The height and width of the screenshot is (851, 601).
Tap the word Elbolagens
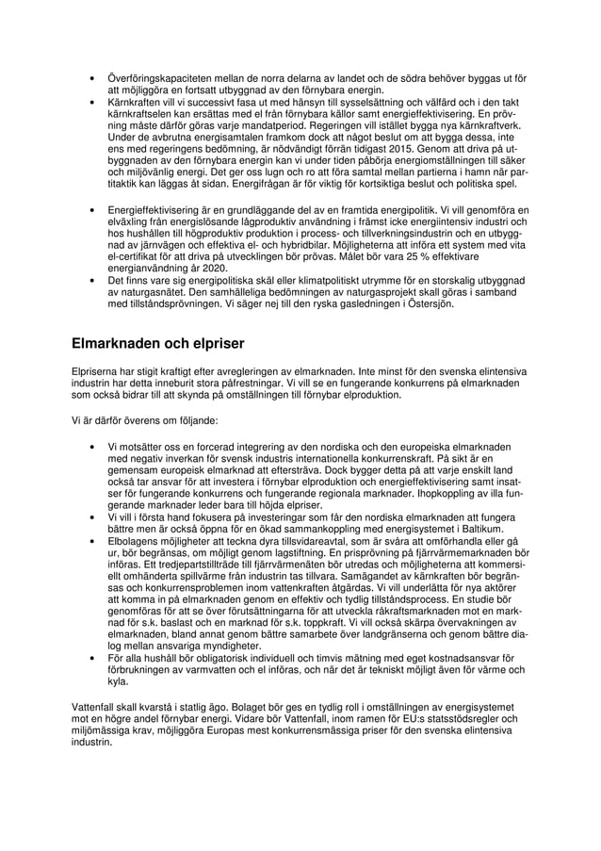pos(138,542)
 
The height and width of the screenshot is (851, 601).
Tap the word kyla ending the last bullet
pos(118,681)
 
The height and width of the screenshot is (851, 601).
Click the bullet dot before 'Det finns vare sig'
pos(91,281)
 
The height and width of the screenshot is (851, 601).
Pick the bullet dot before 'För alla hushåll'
pos(91,659)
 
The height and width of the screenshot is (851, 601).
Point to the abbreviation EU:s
pos(393,718)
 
